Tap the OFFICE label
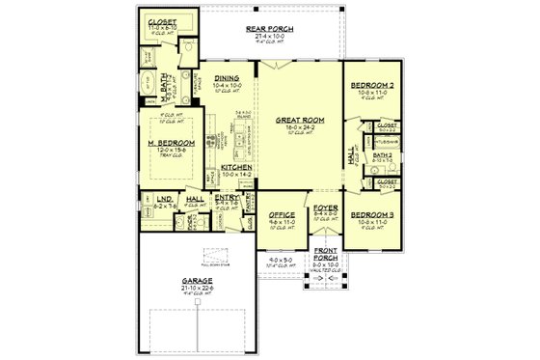coord(282,214)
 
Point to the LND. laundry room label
coord(164,199)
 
